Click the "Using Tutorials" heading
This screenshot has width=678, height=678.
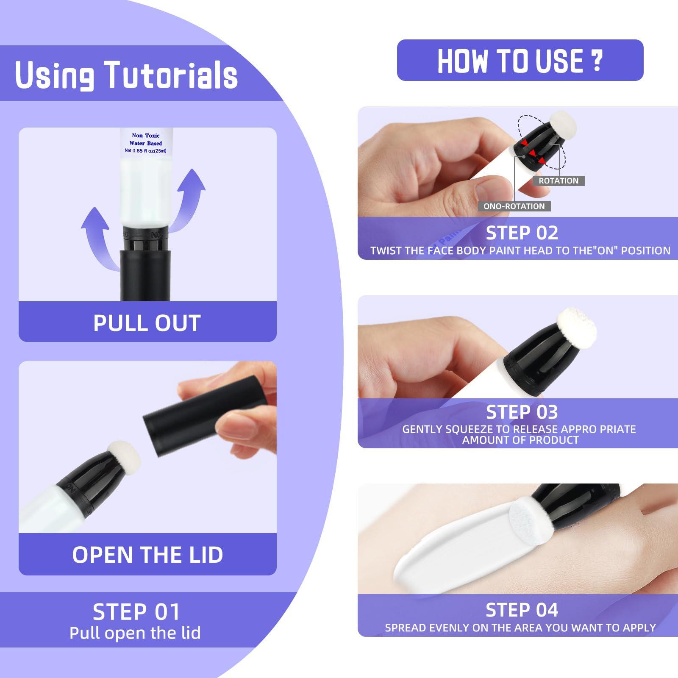(126, 75)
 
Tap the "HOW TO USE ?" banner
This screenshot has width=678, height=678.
(520, 60)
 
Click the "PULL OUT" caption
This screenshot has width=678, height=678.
(147, 323)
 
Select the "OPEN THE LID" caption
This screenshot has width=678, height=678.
(147, 554)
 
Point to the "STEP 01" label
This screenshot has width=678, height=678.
(136, 612)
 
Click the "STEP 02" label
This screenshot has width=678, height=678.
(522, 233)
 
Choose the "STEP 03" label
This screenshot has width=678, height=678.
(522, 412)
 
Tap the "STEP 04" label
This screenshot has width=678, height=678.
(522, 610)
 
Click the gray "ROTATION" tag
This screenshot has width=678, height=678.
(559, 181)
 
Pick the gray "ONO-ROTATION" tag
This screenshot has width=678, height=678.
(514, 206)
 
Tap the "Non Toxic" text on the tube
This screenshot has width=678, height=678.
(146, 136)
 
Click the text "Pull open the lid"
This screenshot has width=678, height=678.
(135, 633)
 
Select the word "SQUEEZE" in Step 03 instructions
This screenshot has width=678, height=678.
(472, 429)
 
